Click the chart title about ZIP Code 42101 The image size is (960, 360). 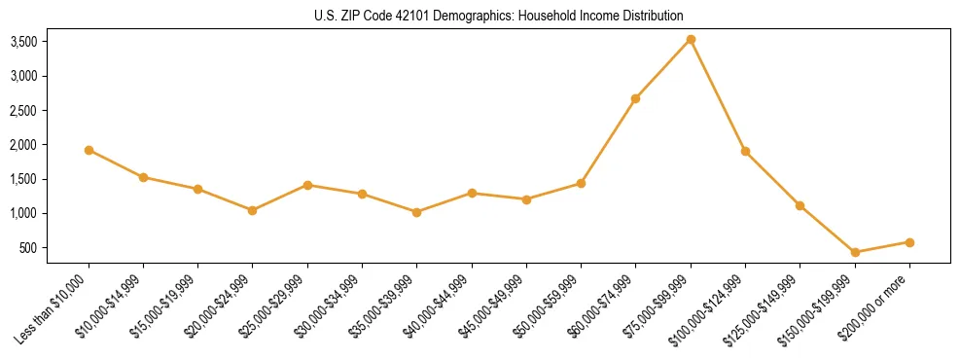coord(499,17)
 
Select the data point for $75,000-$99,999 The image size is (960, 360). coord(691,39)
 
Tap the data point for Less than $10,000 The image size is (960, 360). coord(89,150)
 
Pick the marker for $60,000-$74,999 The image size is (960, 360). coord(635,98)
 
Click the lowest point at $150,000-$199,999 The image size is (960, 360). coord(855,252)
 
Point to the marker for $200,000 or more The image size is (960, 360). coord(909,242)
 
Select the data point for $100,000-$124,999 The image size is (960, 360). coord(745,151)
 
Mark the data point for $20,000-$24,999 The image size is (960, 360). coord(253,210)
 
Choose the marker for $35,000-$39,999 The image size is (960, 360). coord(416,212)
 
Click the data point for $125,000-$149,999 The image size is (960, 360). coord(800,205)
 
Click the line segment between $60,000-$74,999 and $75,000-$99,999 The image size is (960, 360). coord(663,68)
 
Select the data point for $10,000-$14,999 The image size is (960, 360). coord(143,177)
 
